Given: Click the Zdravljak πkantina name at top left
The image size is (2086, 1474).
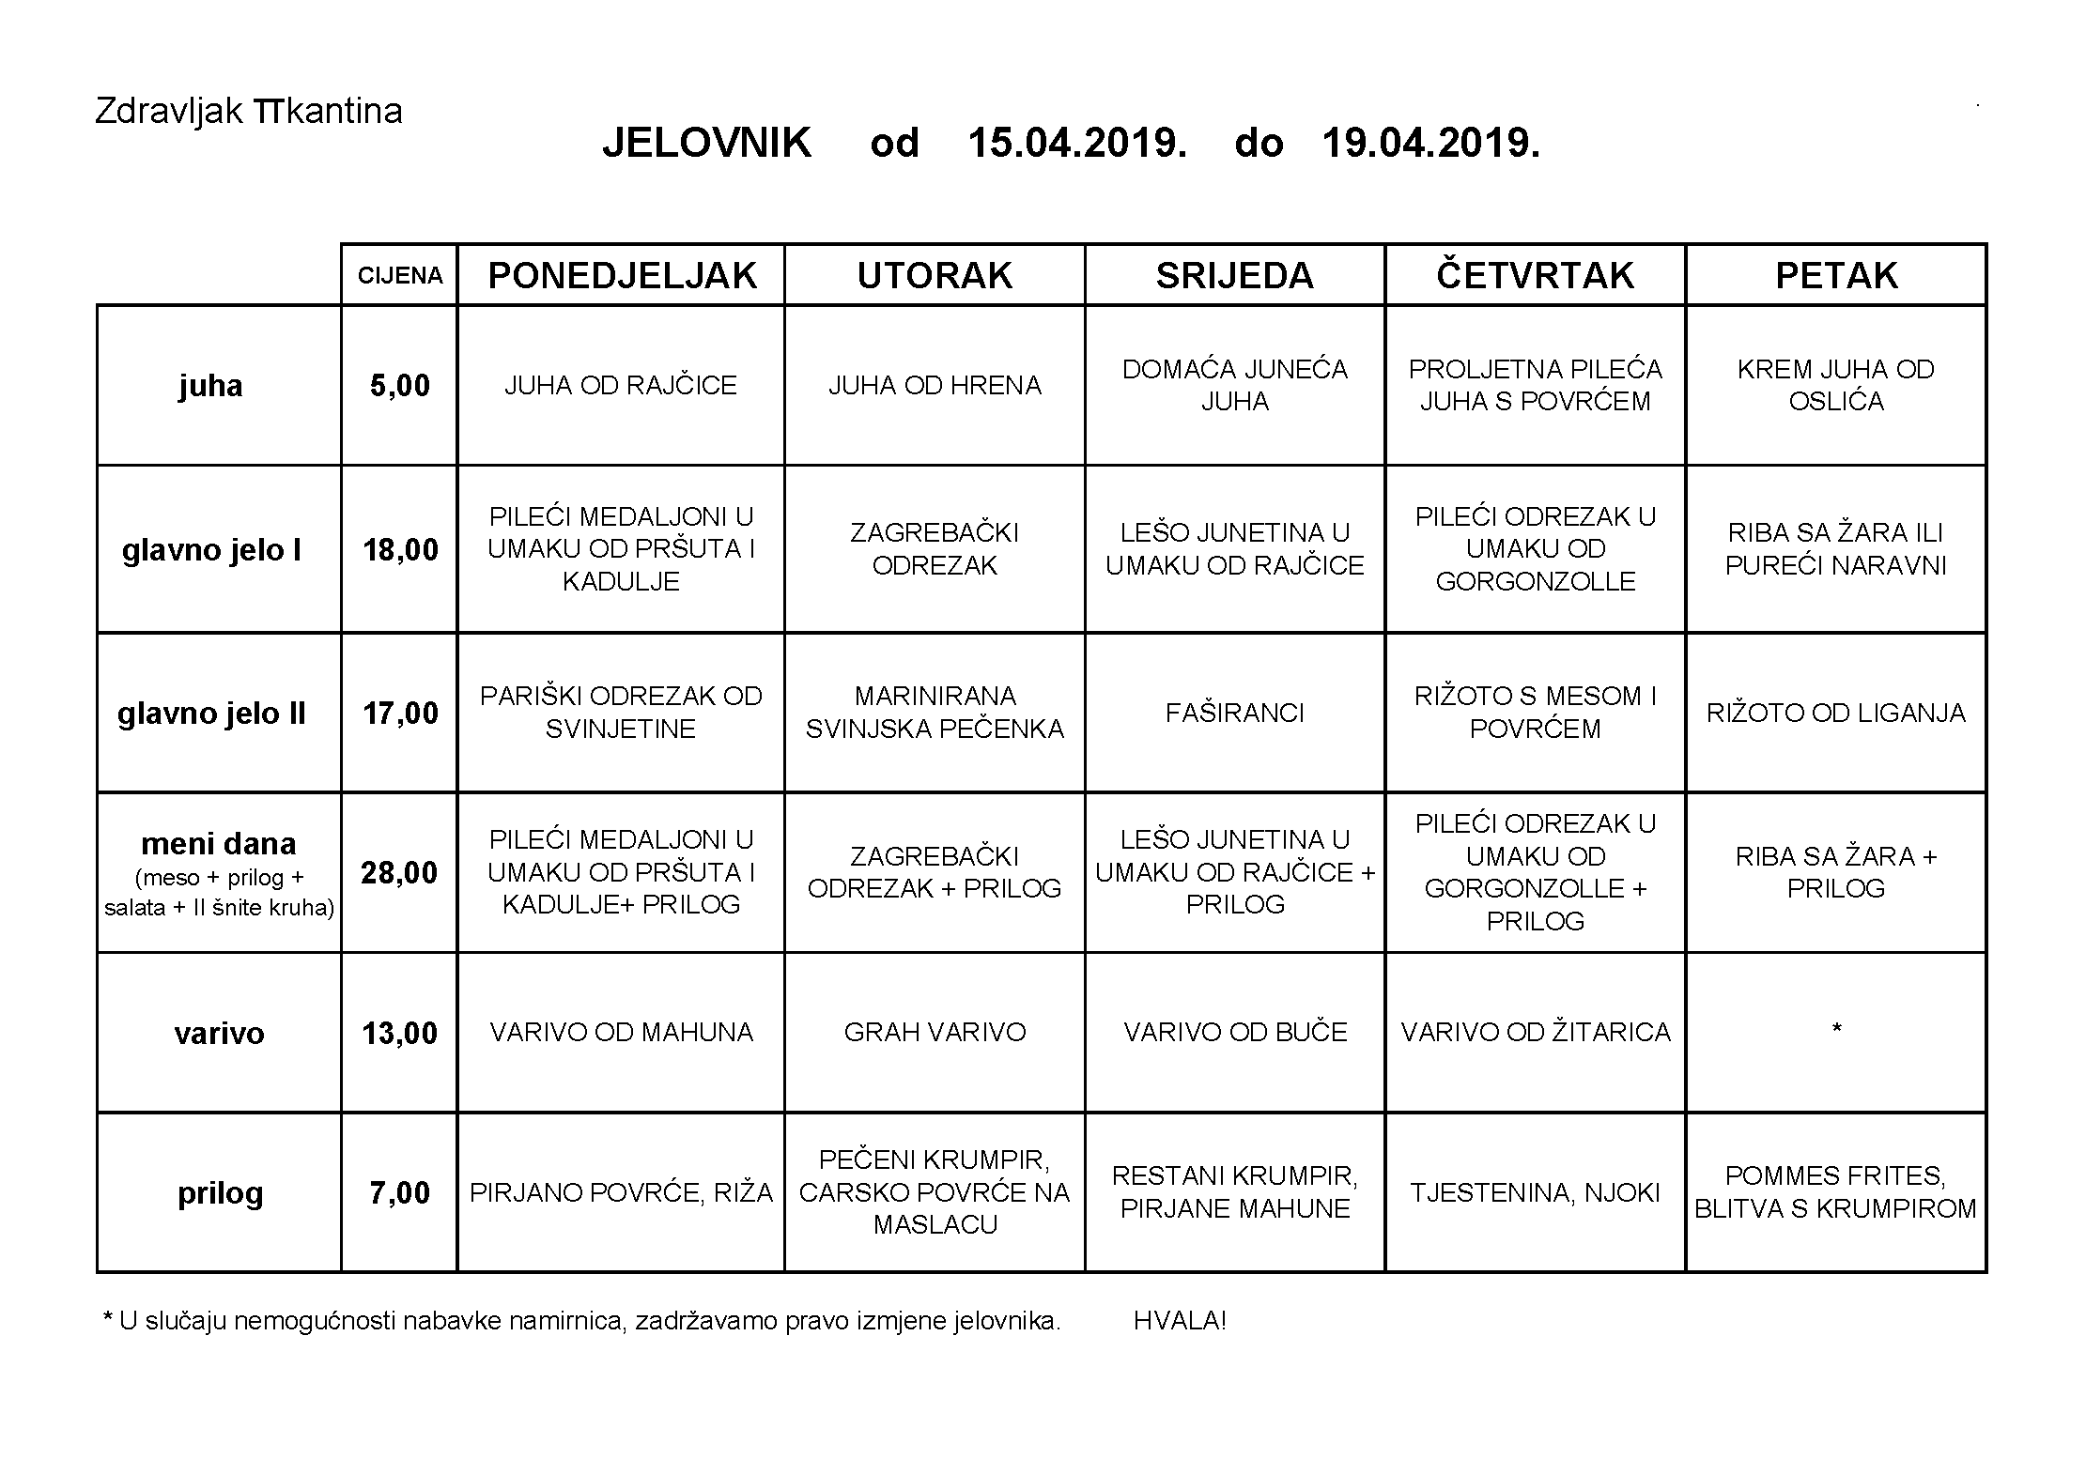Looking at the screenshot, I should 249,112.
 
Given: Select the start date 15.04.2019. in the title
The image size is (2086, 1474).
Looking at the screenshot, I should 1076,144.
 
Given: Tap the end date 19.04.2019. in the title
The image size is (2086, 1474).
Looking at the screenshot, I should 1430,144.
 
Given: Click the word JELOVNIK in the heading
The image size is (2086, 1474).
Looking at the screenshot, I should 707,144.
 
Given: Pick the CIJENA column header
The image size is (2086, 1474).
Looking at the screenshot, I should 400,276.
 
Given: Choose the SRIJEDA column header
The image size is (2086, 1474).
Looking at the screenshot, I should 1234,276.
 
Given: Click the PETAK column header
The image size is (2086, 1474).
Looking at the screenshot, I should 1836,276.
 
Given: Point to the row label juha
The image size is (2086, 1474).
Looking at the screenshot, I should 210,386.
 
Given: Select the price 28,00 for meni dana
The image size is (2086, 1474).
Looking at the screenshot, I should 400,873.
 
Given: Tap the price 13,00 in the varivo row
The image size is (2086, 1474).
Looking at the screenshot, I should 400,1034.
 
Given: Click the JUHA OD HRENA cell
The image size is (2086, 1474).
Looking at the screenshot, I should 935,386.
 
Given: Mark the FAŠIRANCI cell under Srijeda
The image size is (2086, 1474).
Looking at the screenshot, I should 1234,714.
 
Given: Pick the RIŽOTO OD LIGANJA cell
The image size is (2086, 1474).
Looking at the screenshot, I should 1836,714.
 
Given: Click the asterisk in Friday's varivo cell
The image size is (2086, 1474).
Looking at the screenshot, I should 1836,1031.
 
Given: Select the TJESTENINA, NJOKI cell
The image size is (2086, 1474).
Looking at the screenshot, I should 1535,1193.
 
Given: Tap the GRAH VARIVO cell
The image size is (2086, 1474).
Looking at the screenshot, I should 935,1033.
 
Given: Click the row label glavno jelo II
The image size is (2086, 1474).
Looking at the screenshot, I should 212,714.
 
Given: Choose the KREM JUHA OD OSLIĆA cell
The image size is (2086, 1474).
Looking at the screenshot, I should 1836,386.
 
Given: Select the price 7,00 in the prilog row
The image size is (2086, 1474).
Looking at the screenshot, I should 400,1193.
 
